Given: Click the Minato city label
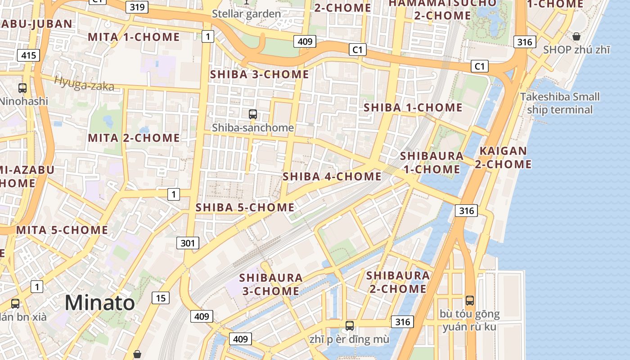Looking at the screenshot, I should click(99, 303).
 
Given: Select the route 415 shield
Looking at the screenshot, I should click(29, 56).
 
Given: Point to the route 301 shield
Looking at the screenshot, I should click(188, 243).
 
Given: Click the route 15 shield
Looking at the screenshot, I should click(161, 297).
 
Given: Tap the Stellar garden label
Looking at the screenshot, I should click(247, 14).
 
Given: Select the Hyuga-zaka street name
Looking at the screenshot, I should click(84, 84).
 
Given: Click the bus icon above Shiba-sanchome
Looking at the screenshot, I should click(253, 114).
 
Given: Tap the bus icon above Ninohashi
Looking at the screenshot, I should click(22, 88).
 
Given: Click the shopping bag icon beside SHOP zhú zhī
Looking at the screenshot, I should click(576, 36).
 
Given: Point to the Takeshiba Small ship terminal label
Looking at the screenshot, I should click(560, 103).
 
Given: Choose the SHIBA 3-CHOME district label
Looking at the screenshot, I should click(260, 74).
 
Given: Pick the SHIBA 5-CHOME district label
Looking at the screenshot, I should click(245, 207).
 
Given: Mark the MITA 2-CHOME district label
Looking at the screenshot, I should click(134, 138).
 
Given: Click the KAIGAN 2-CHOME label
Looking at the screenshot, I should click(503, 157).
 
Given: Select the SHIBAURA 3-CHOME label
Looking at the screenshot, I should click(271, 284).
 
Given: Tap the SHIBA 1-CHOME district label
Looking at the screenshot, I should click(413, 108).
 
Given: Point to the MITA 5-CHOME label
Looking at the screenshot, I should click(62, 230).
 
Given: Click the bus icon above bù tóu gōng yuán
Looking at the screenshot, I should click(470, 300).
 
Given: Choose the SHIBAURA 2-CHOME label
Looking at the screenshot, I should click(398, 282).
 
